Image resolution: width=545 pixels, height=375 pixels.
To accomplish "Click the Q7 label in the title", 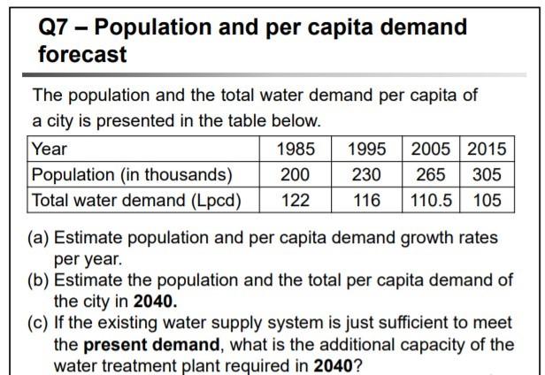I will coord(56,27).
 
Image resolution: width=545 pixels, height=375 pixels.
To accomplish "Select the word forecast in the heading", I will coord(82,55).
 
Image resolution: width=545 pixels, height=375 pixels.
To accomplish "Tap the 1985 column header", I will coord(295,149).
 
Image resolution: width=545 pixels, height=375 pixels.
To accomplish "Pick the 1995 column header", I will coord(365,149).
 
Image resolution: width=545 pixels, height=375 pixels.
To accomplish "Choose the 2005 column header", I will coord(431,149).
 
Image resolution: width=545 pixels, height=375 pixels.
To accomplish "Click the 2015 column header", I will coord(487,149).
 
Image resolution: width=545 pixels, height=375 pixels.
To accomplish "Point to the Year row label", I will coord(50,149).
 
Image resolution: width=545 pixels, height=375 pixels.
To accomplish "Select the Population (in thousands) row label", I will coord(132,174).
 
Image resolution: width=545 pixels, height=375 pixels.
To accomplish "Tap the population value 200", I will coord(295,174).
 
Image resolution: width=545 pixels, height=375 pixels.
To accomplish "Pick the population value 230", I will coord(365,174).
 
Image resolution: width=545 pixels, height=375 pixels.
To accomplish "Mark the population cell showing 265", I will coord(431,174).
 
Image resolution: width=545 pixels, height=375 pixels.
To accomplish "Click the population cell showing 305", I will coord(487,174).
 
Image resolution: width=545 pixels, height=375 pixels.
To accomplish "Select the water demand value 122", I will coord(295,200).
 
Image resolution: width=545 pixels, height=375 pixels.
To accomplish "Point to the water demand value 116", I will coord(365,200).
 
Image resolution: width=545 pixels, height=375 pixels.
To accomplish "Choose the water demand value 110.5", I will coord(431,200).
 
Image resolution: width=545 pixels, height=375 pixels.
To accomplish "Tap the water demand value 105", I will coord(487,200).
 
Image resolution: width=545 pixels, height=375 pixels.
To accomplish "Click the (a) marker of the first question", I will coord(42,238).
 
